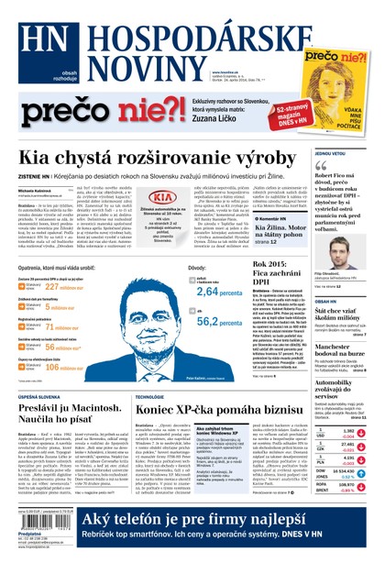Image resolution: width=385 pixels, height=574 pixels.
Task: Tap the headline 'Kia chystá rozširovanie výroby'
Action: click(151, 158)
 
